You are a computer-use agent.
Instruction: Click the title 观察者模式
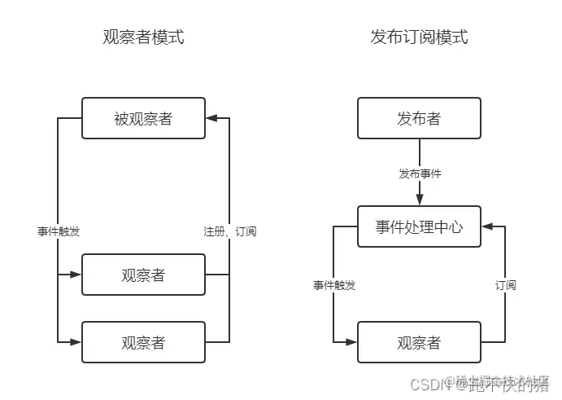[x=143, y=37]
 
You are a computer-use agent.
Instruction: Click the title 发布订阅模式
[x=419, y=37]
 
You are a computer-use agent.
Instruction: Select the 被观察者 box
[x=143, y=118]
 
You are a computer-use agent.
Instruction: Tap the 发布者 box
[x=419, y=118]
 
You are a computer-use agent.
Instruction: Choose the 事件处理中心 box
[x=419, y=226]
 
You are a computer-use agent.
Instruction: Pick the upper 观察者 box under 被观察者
[x=143, y=275]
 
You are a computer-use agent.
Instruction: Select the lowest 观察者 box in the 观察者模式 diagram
[x=143, y=342]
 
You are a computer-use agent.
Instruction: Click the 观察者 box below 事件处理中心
[x=419, y=342]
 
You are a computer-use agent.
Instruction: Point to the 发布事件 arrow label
[x=420, y=174]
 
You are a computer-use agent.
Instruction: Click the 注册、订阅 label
[x=229, y=231]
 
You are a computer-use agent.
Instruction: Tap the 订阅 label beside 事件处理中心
[x=505, y=285]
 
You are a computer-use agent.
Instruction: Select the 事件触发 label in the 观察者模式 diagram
[x=59, y=231]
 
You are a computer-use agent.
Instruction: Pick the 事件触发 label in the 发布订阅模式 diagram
[x=334, y=285]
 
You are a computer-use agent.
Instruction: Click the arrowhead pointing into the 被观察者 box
[x=212, y=118]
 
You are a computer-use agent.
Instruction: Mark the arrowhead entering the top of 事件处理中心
[x=420, y=200]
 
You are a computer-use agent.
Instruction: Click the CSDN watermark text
[x=424, y=385]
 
